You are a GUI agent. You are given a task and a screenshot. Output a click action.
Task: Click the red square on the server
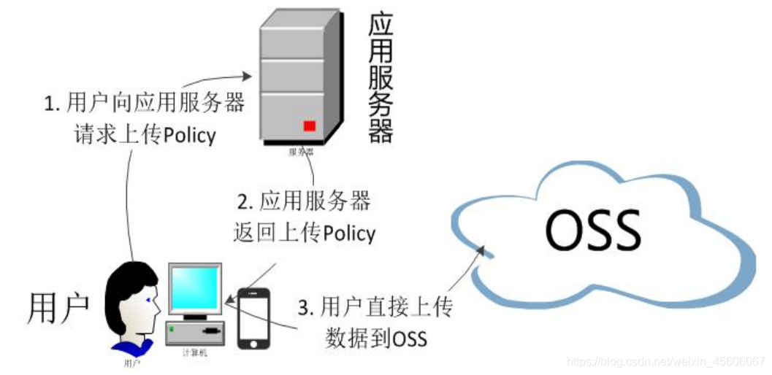(309, 125)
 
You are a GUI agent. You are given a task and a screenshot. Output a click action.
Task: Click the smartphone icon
(253, 318)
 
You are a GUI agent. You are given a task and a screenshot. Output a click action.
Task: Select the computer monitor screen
(194, 288)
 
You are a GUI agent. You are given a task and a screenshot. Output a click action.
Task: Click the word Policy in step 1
(190, 136)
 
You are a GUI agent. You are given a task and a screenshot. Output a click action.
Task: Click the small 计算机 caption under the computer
(193, 352)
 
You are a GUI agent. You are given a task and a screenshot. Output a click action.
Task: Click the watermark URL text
(665, 361)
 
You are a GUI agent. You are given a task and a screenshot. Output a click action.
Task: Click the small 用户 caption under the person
(132, 361)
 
